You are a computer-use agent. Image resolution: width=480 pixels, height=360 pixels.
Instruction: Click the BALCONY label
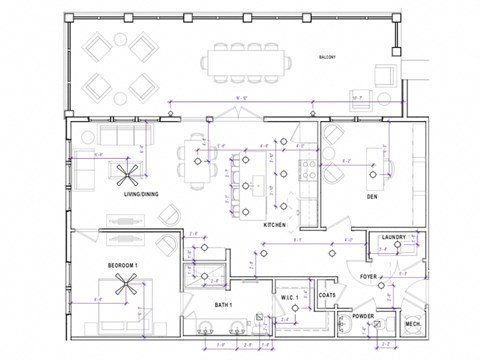pos(326,58)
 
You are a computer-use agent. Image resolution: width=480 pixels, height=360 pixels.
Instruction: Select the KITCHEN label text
pos(276,227)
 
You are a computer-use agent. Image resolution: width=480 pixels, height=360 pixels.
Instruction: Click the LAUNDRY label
pos(394,237)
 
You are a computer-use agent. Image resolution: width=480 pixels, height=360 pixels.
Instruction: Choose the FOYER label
pos(369,276)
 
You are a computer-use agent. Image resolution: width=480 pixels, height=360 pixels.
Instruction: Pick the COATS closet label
pos(327,296)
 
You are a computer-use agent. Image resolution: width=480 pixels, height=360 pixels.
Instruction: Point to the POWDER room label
pos(362,316)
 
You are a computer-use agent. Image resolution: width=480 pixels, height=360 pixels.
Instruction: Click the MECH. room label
pos(412,325)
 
